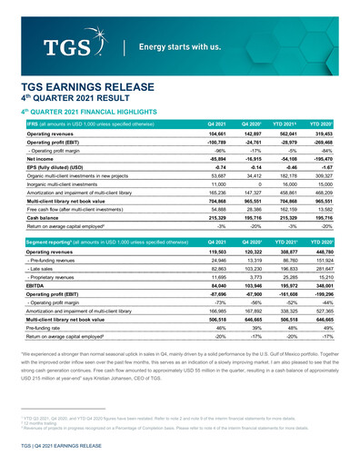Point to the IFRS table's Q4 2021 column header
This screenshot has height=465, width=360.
[215, 124]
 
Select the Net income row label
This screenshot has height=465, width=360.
[44, 158]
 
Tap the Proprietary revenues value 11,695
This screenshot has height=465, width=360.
[215, 278]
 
